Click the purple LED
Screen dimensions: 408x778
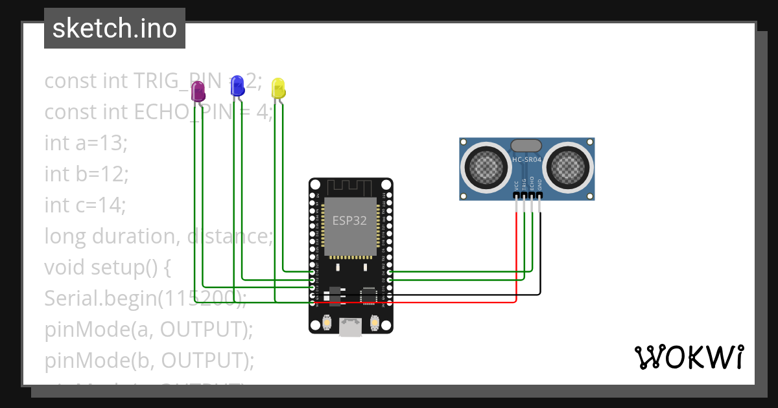198,92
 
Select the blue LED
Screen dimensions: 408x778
237,85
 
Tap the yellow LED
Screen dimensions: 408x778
278,89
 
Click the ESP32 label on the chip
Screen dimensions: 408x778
350,220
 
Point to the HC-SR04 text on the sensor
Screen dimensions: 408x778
526,160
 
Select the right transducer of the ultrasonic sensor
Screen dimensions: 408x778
569,166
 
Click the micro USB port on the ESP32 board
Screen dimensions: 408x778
351,327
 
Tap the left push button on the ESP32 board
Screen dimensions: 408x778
327,322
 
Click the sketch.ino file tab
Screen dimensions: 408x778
115,28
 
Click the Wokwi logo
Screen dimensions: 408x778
689,357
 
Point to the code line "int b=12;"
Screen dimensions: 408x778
87,174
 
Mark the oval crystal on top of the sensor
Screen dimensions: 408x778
526,146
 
